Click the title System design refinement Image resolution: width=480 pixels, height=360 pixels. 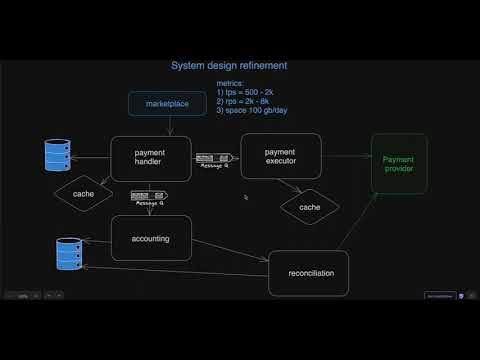click(x=230, y=66)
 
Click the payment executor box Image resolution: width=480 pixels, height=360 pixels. click(x=279, y=156)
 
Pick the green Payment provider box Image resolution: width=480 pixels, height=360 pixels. click(x=398, y=163)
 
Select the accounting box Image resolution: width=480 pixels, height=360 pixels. click(x=150, y=239)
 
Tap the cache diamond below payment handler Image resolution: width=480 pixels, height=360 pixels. click(x=84, y=192)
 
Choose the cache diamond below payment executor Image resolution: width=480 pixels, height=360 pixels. click(x=310, y=207)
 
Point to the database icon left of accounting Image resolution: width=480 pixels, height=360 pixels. click(x=68, y=254)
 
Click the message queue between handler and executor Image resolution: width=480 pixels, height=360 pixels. click(x=214, y=158)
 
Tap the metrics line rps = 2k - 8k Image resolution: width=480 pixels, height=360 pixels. click(x=242, y=102)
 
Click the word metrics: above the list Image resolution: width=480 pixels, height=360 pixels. click(x=232, y=84)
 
